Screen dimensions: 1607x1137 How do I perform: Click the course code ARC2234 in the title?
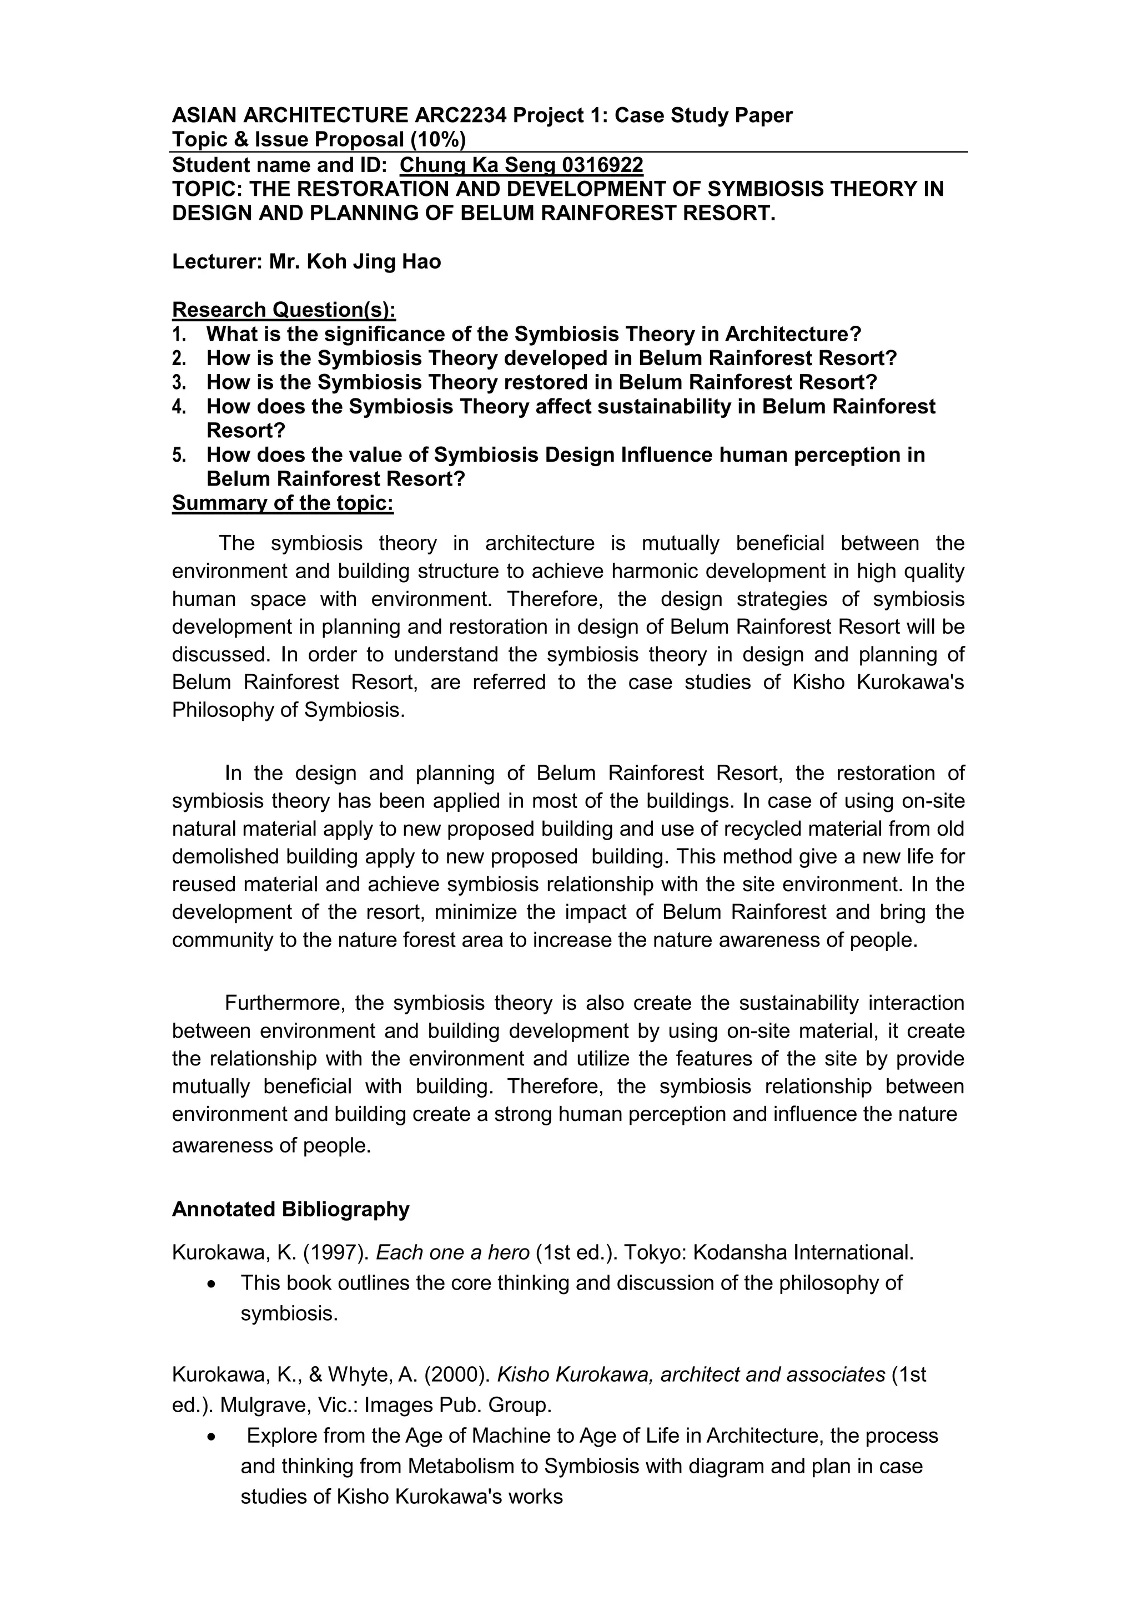coord(460,115)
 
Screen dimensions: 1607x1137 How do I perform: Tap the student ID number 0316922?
coord(602,165)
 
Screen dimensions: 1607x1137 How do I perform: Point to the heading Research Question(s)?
coord(284,310)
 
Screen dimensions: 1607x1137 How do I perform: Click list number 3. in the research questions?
coord(179,383)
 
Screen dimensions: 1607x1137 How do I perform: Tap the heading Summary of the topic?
coord(283,503)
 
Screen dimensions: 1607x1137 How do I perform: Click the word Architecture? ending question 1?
coord(793,334)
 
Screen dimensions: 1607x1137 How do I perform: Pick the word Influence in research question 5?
coord(667,455)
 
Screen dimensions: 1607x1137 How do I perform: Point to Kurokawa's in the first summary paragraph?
coord(910,683)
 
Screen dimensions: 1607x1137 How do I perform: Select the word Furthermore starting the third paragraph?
coord(284,1003)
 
